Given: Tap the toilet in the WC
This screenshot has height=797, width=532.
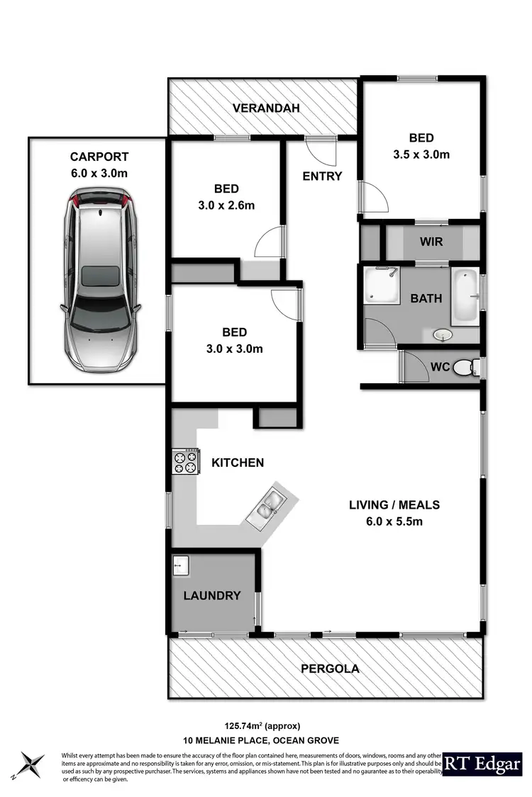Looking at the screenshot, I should point(465,367).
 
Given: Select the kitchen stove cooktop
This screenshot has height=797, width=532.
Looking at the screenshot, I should point(185,462).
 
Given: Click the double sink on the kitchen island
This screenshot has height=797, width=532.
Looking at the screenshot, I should point(267,505).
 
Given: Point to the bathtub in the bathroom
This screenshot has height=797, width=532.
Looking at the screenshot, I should point(465,297).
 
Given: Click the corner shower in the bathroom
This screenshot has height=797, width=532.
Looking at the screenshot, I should point(382,286).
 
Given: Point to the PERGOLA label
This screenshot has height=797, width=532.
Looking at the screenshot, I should point(330,668).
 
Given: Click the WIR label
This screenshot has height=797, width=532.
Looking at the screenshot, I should point(431,242).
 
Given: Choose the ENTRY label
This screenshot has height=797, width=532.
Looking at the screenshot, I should point(322,176).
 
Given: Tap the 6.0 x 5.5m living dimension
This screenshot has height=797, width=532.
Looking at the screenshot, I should point(394,522).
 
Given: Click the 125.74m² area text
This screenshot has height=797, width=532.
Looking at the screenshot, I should point(262,725).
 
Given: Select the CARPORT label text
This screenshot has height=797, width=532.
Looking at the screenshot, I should point(99,157).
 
